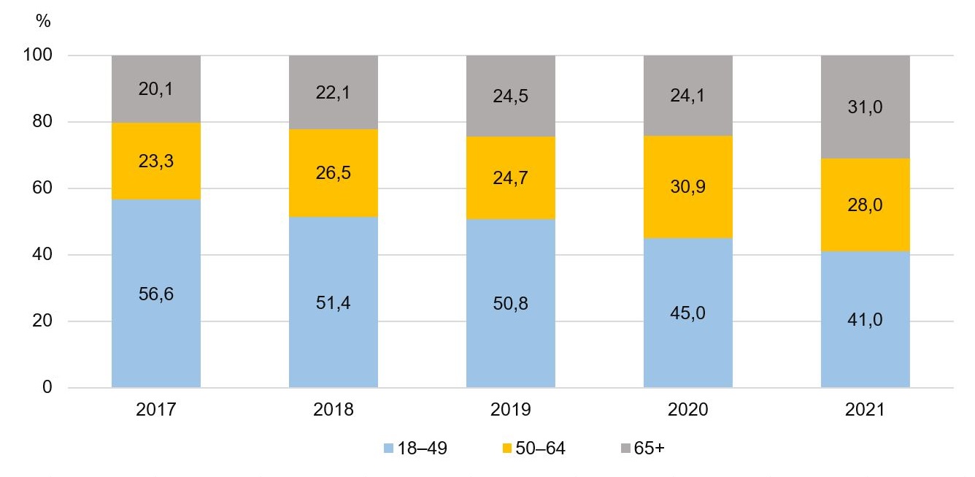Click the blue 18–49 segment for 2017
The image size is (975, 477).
[x=155, y=336]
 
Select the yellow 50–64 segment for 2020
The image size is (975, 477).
[x=687, y=212]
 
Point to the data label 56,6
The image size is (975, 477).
[x=155, y=294]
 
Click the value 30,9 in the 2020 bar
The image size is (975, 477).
[x=687, y=186]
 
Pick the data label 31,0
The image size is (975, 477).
[x=865, y=107]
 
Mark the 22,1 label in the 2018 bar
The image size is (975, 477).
[x=333, y=93]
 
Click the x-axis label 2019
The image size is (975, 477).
[x=510, y=410]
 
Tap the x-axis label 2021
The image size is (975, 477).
[x=865, y=410]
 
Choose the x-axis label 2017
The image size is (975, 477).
[x=155, y=410]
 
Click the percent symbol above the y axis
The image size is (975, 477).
[x=43, y=22]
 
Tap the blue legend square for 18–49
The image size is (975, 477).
[x=388, y=449]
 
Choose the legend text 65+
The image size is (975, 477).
[x=650, y=449]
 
